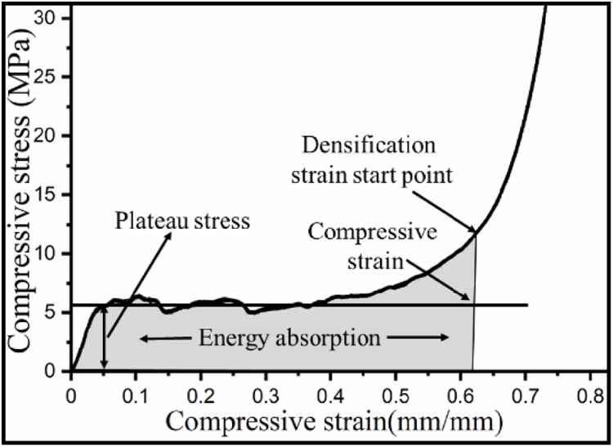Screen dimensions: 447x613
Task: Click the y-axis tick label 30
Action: tap(53, 18)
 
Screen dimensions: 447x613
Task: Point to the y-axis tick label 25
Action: tap(53, 77)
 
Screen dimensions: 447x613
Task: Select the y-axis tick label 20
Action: tap(53, 136)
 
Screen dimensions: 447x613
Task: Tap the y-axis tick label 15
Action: tap(53, 195)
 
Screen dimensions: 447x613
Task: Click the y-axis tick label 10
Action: tap(53, 254)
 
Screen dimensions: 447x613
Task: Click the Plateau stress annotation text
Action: tap(181, 221)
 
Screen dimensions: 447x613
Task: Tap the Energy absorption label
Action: tap(295, 337)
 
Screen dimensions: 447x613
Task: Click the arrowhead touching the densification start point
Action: tap(472, 232)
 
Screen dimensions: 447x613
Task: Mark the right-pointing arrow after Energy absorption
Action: tap(433, 337)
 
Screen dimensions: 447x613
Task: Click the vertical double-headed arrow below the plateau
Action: tap(104, 338)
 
